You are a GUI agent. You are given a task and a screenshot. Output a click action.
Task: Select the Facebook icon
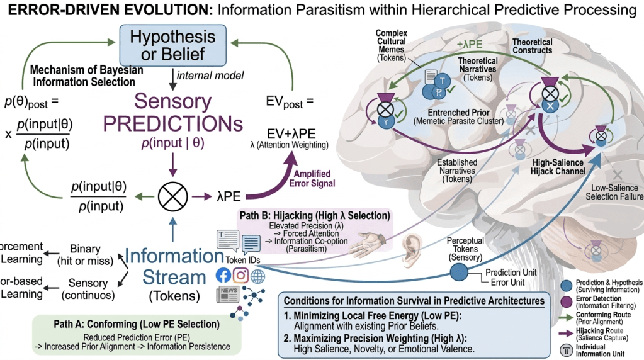pyautogui.click(x=223, y=275)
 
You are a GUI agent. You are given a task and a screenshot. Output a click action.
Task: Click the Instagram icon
pyautogui.click(x=240, y=275)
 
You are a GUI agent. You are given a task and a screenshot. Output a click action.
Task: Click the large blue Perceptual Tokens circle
pyautogui.click(x=460, y=271)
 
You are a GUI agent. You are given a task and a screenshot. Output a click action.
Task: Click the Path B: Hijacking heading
pyautogui.click(x=314, y=215)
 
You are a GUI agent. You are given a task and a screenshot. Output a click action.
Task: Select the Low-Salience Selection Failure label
pyautogui.click(x=616, y=192)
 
